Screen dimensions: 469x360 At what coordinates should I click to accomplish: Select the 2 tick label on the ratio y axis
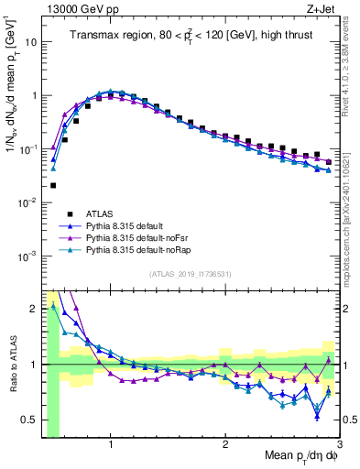33,309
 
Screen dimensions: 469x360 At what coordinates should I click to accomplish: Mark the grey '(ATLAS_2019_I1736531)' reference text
191,274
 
